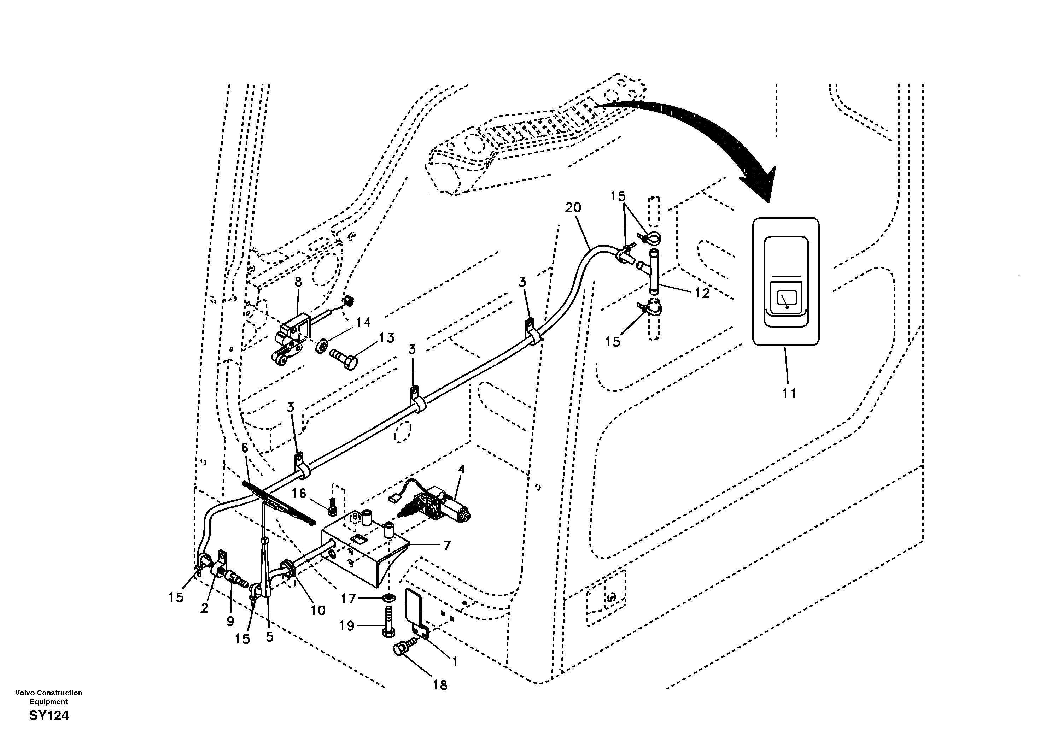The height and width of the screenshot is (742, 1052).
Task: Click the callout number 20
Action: [573, 207]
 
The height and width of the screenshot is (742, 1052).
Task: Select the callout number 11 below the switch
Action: [789, 393]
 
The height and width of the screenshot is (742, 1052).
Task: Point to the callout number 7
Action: [447, 545]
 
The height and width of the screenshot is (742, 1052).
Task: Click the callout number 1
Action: [455, 662]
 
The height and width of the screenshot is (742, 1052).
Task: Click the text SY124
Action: [48, 715]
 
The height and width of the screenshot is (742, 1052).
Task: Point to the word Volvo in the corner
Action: [24, 693]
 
